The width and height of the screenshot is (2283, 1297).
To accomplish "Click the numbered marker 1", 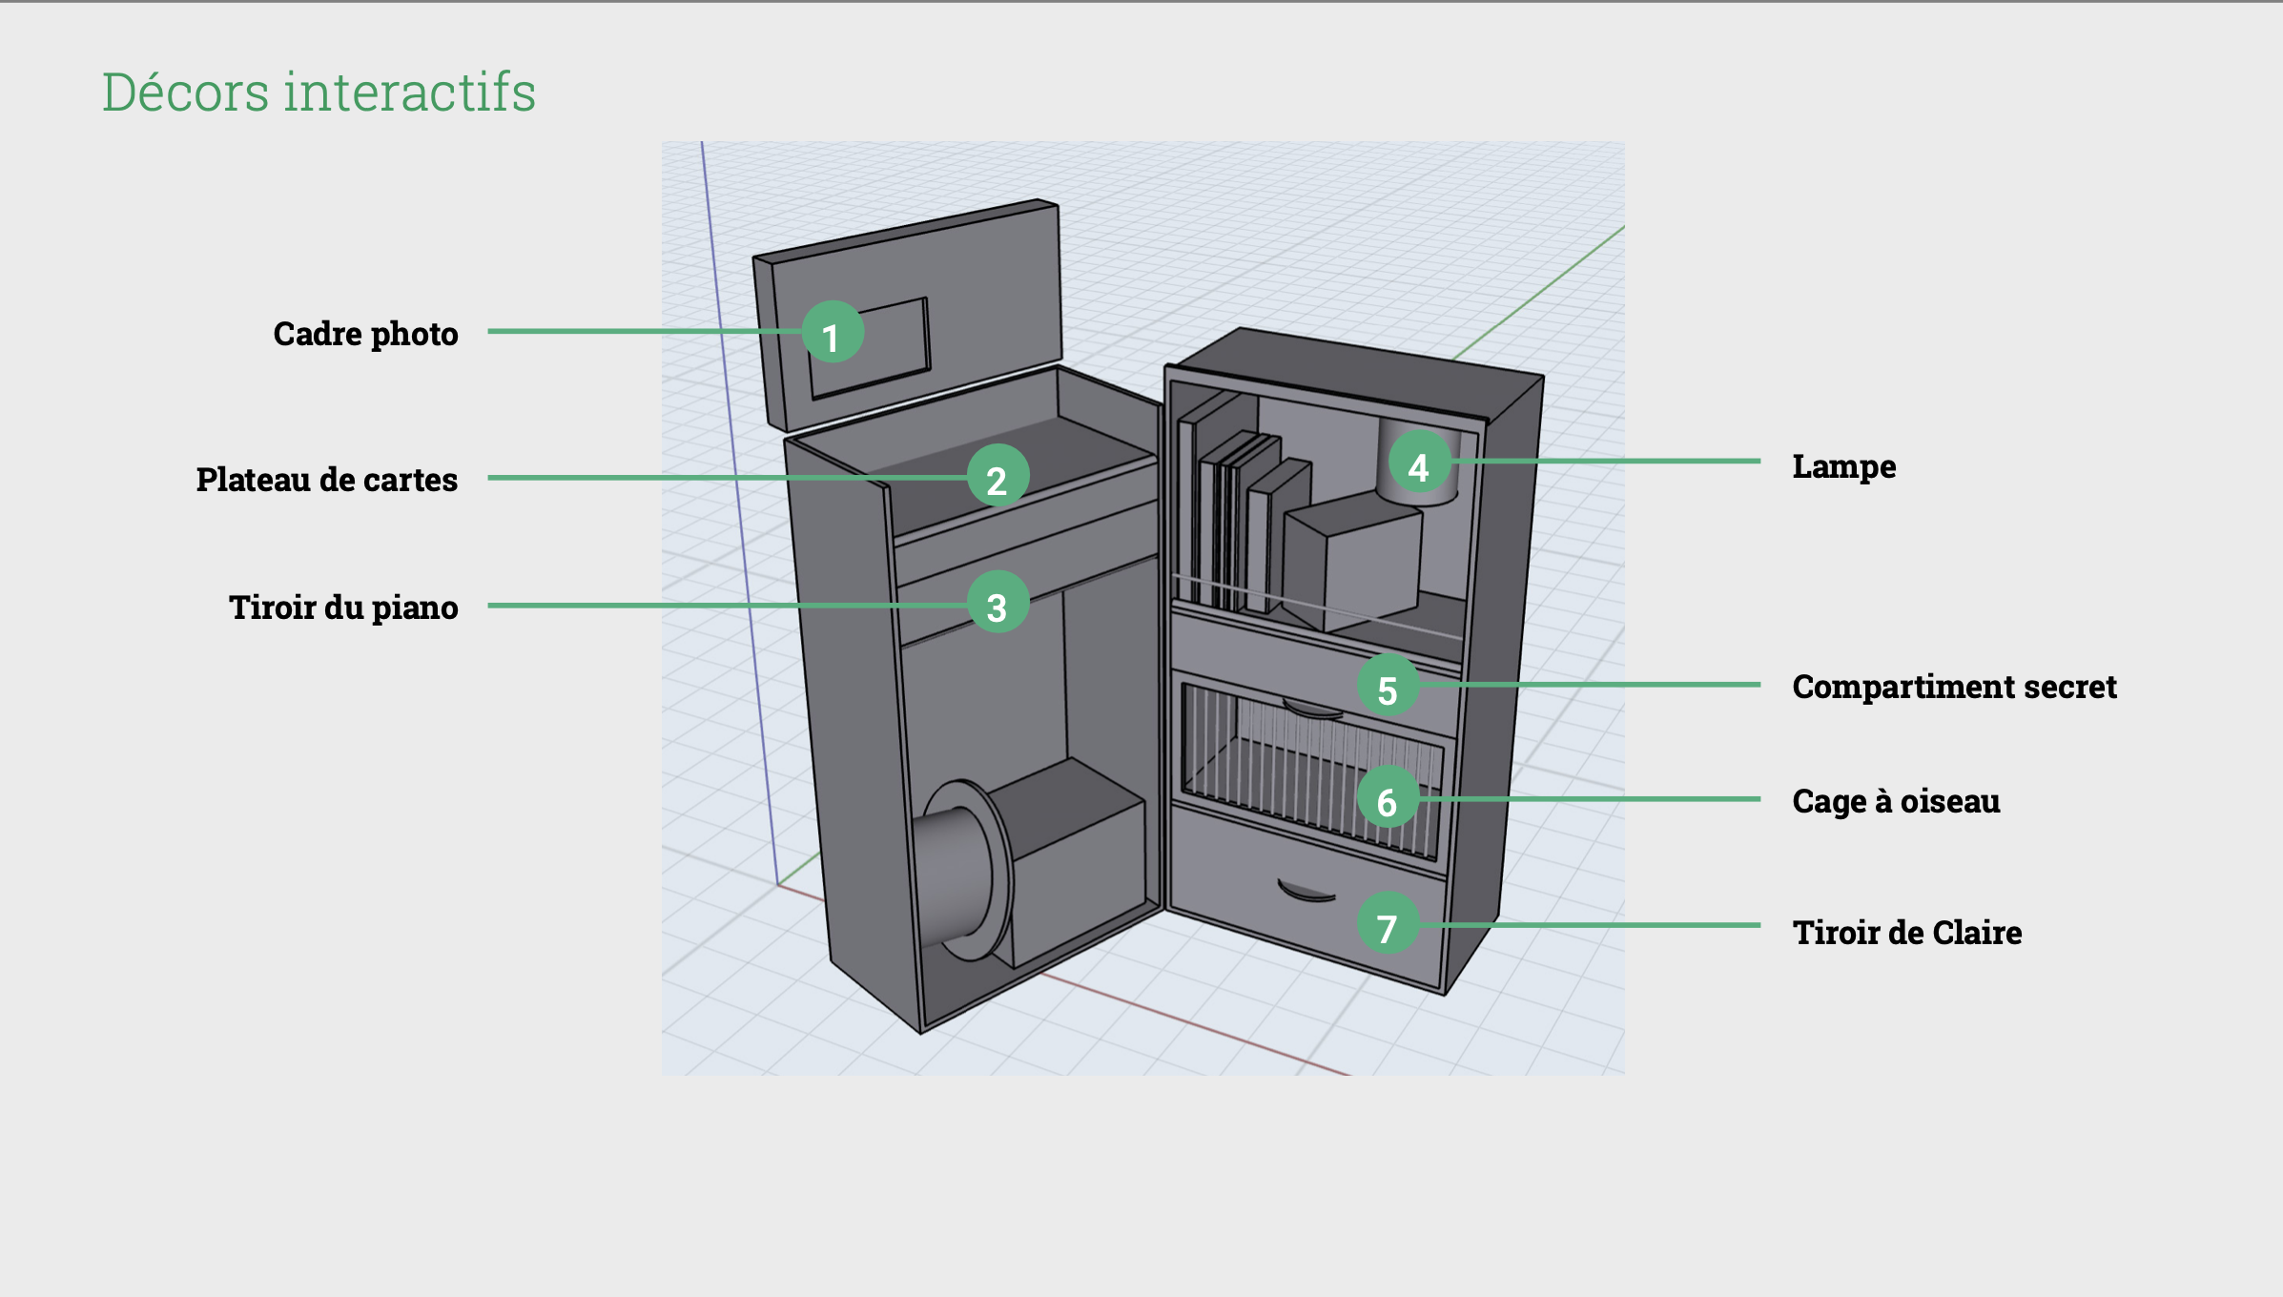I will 833,333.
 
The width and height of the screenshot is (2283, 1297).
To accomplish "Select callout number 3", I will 998,603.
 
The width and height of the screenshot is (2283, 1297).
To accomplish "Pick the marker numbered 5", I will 1388,686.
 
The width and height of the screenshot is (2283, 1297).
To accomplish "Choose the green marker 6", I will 1388,798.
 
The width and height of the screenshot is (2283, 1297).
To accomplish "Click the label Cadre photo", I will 365,334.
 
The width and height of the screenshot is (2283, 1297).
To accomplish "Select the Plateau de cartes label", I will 326,480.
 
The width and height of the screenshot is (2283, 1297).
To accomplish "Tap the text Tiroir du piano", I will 343,607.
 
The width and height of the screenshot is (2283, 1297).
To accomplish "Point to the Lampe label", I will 1843,466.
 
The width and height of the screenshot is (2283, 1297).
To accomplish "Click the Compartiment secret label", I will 1954,687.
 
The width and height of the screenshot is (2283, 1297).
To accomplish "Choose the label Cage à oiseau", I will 1896,801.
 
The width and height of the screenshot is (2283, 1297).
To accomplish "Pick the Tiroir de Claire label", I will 1906,932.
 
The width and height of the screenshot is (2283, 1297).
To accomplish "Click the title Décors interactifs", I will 319,93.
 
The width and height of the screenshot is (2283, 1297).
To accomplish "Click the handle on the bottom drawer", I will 1306,892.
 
